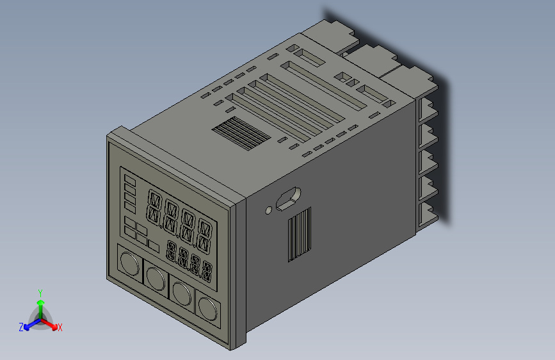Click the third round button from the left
click(181, 293)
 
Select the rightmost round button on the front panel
click(207, 309)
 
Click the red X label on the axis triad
click(60, 327)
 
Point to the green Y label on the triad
click(40, 292)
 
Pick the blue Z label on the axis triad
click(21, 327)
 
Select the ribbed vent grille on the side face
click(300, 234)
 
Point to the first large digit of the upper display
click(154, 205)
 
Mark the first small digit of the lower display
click(172, 250)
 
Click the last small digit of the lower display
click(207, 271)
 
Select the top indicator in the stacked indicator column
click(130, 179)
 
